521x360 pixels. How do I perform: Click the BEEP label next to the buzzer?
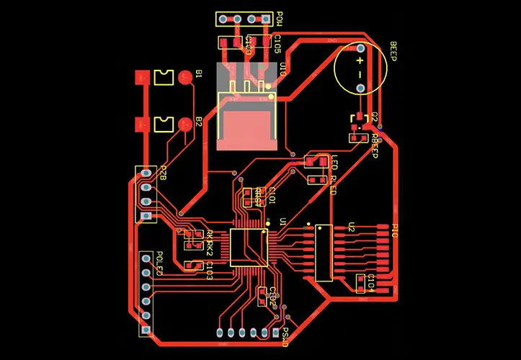(x=393, y=52)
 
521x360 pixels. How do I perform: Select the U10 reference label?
(x=282, y=69)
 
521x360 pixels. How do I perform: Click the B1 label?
(x=199, y=74)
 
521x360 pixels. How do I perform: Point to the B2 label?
(x=199, y=121)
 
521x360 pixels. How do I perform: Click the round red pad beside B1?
(x=185, y=76)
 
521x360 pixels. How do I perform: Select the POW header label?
(x=280, y=20)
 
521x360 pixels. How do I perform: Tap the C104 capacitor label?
(x=371, y=283)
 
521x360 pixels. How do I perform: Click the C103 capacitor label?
(x=209, y=271)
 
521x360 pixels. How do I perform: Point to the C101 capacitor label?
(x=272, y=196)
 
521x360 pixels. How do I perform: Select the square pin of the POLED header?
(x=146, y=330)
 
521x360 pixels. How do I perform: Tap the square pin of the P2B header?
(x=146, y=216)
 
